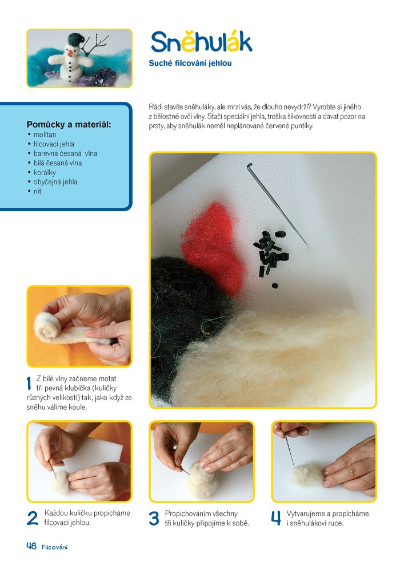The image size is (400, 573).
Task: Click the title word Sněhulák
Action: click(201, 42)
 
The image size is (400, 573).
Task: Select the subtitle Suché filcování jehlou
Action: click(190, 63)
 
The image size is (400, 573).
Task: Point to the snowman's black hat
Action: click(76, 39)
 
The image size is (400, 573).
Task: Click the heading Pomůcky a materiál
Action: click(69, 125)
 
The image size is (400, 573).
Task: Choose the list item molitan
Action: click(45, 135)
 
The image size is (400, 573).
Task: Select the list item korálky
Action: click(45, 172)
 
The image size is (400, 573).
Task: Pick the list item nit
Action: click(37, 191)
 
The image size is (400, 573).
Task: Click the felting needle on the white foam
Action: click(277, 205)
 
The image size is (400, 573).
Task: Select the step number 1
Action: click(29, 384)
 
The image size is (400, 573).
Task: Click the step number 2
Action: click(32, 518)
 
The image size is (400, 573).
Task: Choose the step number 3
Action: click(154, 519)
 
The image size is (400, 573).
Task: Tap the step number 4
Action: click(276, 518)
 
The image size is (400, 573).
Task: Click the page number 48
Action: click(31, 546)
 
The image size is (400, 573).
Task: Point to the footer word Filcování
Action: click(55, 547)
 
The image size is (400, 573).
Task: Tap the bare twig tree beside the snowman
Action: click(95, 46)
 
